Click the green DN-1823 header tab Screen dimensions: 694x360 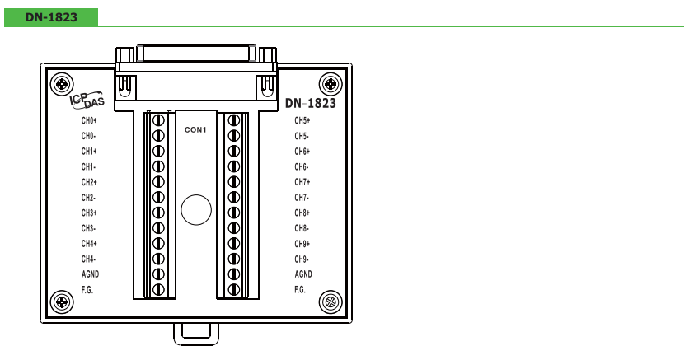pyautogui.click(x=51, y=17)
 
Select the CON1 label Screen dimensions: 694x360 pyautogui.click(x=195, y=129)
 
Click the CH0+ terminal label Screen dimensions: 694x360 pyautogui.click(x=89, y=120)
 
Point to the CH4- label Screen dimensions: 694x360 pyautogui.click(x=88, y=259)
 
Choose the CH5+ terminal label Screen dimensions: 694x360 pyautogui.click(x=302, y=120)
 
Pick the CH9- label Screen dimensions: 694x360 pyautogui.click(x=302, y=259)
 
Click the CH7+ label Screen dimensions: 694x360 pyautogui.click(x=302, y=182)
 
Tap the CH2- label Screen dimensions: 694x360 pyautogui.click(x=88, y=197)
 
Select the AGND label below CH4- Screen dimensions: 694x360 pyautogui.click(x=91, y=274)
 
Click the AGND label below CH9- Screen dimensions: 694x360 pyautogui.click(x=303, y=274)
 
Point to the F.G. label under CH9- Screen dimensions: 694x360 pyautogui.click(x=300, y=290)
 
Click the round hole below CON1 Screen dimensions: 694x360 pyautogui.click(x=196, y=209)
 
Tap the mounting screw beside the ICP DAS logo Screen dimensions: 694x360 pyautogui.click(x=62, y=83)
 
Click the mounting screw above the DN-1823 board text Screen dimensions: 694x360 pyautogui.click(x=331, y=83)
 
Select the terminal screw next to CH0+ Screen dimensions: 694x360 pyautogui.click(x=158, y=120)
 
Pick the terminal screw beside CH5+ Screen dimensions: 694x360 pyautogui.click(x=234, y=120)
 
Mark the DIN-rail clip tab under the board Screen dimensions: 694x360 pyautogui.click(x=196, y=334)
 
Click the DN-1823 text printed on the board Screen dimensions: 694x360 pyautogui.click(x=311, y=103)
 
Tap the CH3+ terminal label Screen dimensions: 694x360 pyautogui.click(x=89, y=213)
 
